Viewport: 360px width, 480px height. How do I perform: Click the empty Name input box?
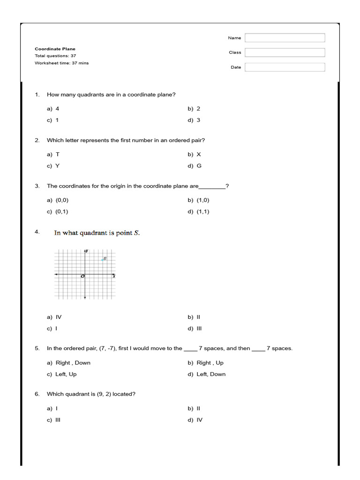click(x=285, y=38)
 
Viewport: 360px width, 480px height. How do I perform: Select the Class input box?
click(x=285, y=52)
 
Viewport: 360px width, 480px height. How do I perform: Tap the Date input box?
click(x=285, y=67)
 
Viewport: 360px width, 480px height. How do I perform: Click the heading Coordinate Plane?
click(x=55, y=49)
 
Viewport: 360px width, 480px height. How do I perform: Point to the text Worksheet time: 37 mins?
click(x=61, y=63)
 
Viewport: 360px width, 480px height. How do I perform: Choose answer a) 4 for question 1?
click(x=53, y=109)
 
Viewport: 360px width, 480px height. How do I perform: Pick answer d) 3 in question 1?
click(x=194, y=120)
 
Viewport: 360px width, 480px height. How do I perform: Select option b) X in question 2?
click(x=194, y=154)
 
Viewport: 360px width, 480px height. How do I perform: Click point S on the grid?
click(x=102, y=260)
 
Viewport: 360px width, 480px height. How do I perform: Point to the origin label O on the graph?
click(x=82, y=277)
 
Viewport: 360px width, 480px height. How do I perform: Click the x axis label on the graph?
click(x=114, y=277)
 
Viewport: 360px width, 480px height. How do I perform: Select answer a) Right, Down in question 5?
click(x=68, y=363)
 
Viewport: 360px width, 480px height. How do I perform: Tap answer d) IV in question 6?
click(x=195, y=420)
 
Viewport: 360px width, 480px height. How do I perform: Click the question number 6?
click(x=37, y=394)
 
